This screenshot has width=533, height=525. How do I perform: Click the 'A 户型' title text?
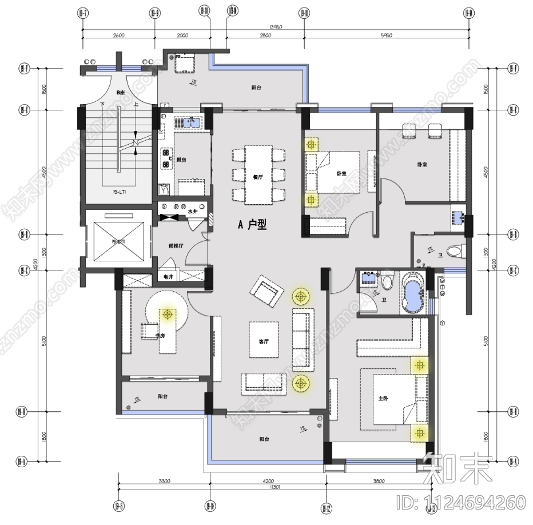coord(252,225)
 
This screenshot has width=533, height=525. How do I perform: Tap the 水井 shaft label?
coord(192,211)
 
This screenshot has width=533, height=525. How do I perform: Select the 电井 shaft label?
coord(168,277)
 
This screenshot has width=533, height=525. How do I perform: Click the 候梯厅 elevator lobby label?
coord(175,245)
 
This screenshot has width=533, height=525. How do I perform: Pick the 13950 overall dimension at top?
coord(277,27)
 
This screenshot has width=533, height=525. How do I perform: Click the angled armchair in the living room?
coord(266,289)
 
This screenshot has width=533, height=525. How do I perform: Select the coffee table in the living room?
coord(264,340)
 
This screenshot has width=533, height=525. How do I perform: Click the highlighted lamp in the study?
coord(168,314)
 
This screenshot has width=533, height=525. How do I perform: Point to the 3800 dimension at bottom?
coord(378,482)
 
